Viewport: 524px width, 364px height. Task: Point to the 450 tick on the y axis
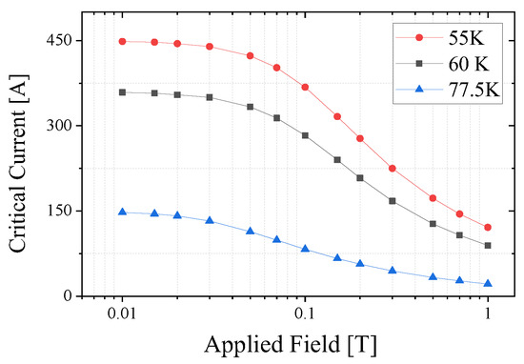[61, 41]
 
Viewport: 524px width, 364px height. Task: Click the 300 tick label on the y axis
[61, 126]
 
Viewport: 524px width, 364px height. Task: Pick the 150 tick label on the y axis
[61, 211]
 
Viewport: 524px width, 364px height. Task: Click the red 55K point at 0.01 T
[122, 41]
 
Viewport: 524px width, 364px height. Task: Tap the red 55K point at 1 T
[488, 228]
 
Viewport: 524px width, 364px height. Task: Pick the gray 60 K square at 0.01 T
[122, 92]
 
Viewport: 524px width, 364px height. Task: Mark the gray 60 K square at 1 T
[488, 246]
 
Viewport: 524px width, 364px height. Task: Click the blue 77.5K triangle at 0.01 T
[122, 212]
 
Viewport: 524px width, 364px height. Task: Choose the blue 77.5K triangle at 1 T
[488, 283]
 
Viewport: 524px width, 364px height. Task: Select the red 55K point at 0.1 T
[305, 87]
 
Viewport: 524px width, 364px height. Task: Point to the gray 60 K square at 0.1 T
[305, 135]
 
